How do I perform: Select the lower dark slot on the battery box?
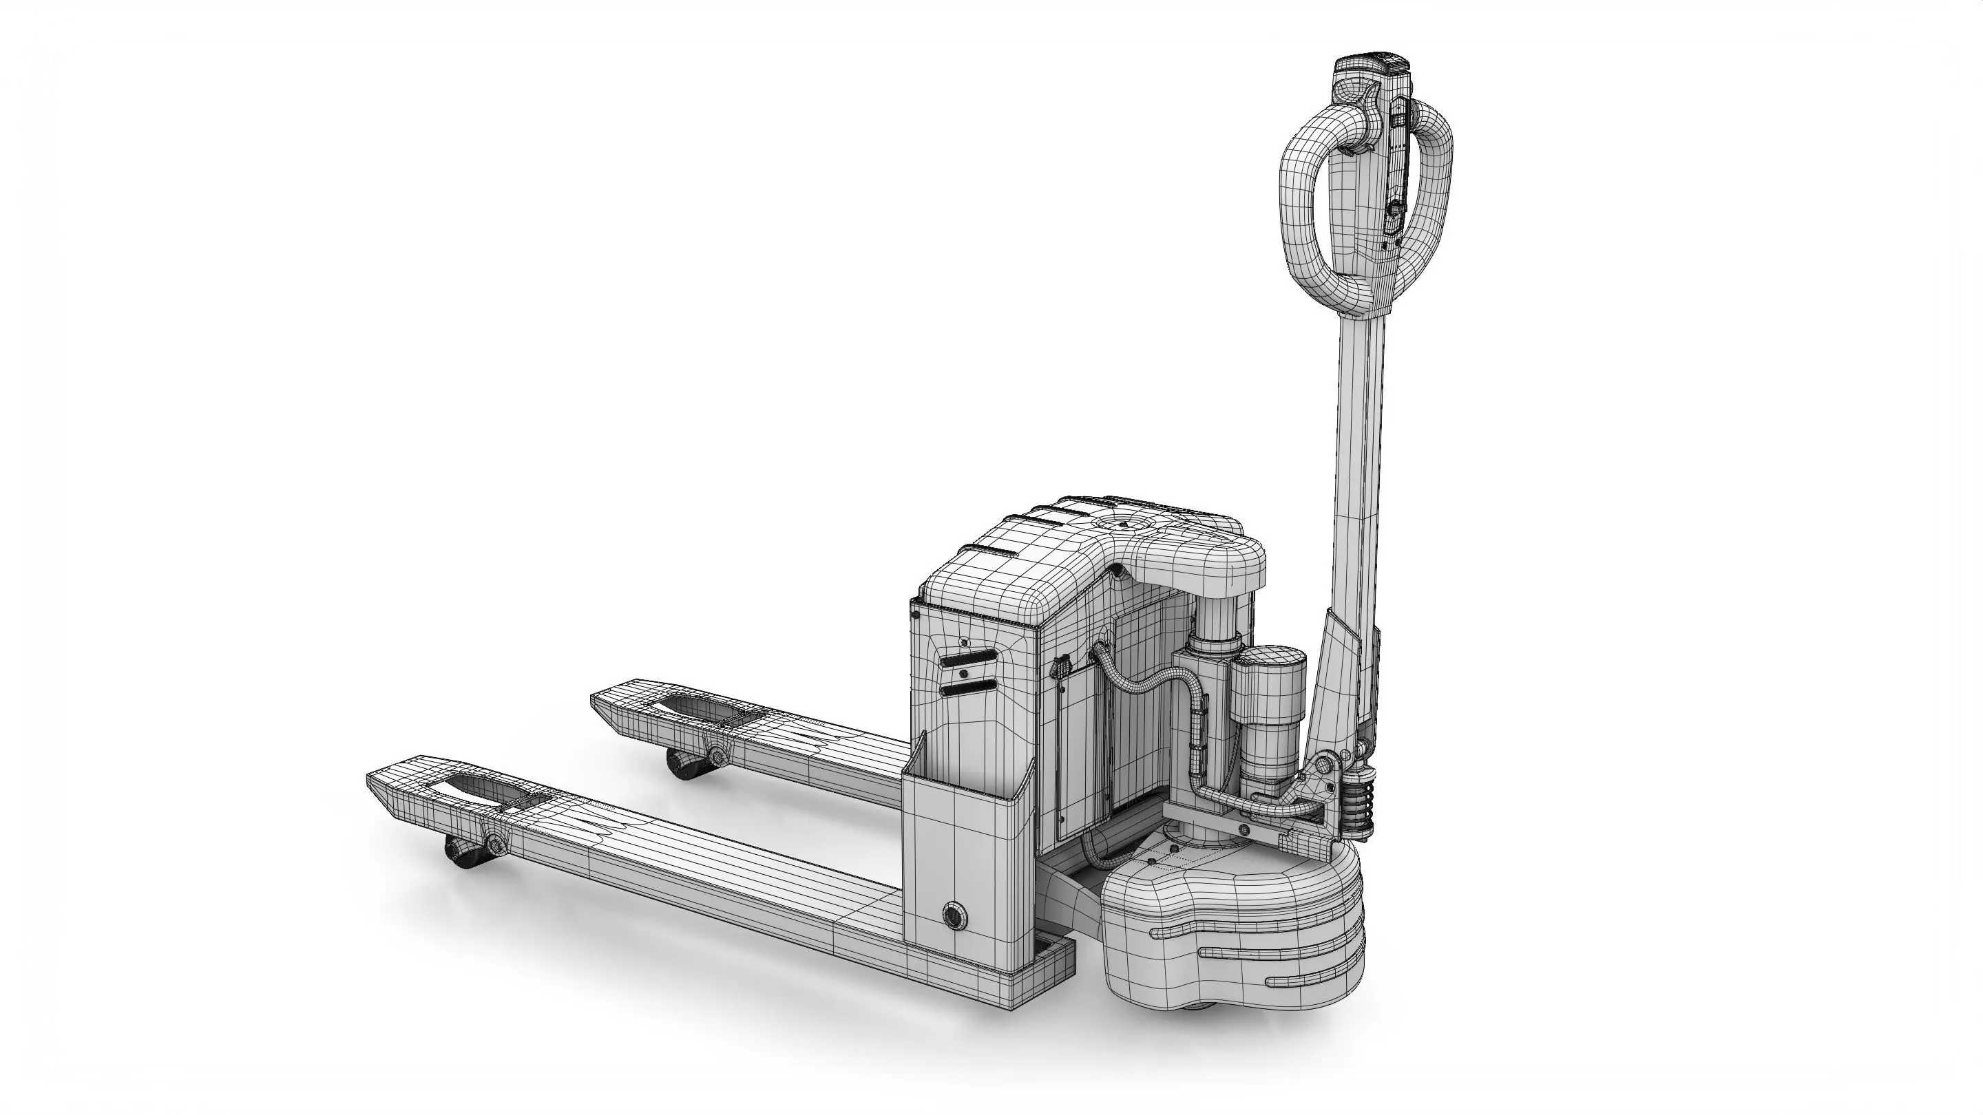pyautogui.click(x=967, y=687)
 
